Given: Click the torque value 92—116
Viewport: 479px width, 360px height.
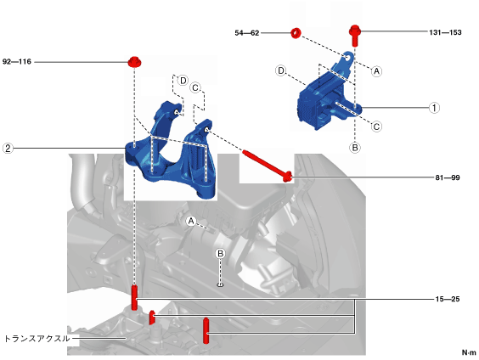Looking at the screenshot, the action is click(x=17, y=62).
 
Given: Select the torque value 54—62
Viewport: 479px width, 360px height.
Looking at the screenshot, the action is click(x=247, y=33).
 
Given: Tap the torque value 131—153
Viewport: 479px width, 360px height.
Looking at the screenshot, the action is click(x=445, y=32).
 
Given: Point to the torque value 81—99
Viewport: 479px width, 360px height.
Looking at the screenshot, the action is click(x=448, y=177).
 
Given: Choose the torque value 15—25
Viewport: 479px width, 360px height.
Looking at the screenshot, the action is click(x=448, y=299).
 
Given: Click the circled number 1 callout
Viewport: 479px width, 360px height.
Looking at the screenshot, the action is click(x=434, y=108).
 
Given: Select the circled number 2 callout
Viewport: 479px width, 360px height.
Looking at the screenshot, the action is click(x=8, y=149).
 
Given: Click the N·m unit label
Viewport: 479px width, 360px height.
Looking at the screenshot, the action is click(x=469, y=352).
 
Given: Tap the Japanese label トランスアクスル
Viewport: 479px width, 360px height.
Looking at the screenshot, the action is click(x=37, y=339).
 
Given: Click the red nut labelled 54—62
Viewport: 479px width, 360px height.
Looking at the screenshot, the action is click(x=296, y=33).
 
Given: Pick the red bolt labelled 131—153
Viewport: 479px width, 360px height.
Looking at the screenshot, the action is click(x=355, y=36).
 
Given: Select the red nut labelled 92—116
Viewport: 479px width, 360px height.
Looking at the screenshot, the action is click(x=134, y=62).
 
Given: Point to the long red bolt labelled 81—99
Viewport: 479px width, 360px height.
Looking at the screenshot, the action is click(x=268, y=166).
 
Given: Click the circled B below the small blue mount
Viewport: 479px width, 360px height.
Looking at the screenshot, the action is click(x=355, y=148).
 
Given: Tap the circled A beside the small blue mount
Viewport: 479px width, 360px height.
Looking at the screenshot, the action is click(x=377, y=71).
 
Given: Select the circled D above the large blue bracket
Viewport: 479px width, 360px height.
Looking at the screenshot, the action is click(x=183, y=81).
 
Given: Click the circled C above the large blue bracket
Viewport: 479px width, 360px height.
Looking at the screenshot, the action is click(x=194, y=88).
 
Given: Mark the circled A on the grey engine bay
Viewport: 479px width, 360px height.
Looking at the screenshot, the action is click(x=191, y=221).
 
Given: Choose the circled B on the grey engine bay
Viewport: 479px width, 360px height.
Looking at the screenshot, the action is click(x=220, y=254).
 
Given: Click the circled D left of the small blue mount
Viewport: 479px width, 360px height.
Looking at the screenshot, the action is click(x=280, y=70).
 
